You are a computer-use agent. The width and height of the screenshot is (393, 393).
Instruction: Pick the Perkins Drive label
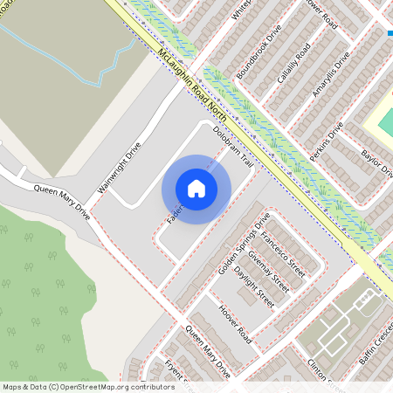[326, 141]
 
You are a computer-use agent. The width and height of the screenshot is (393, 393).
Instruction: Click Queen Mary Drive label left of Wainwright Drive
[61, 198]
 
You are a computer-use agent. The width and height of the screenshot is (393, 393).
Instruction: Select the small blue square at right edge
[389, 34]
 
